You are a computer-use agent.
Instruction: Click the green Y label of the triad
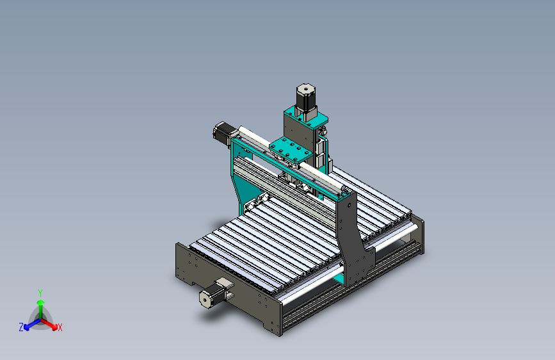click(x=40, y=293)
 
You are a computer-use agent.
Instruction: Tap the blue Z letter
click(x=21, y=327)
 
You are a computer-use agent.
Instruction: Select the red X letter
click(x=60, y=327)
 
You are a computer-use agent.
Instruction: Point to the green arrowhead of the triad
click(x=41, y=302)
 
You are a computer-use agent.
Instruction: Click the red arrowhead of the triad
click(x=54, y=327)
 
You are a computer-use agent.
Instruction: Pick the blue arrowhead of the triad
click(x=27, y=327)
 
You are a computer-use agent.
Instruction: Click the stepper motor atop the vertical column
click(x=306, y=99)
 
